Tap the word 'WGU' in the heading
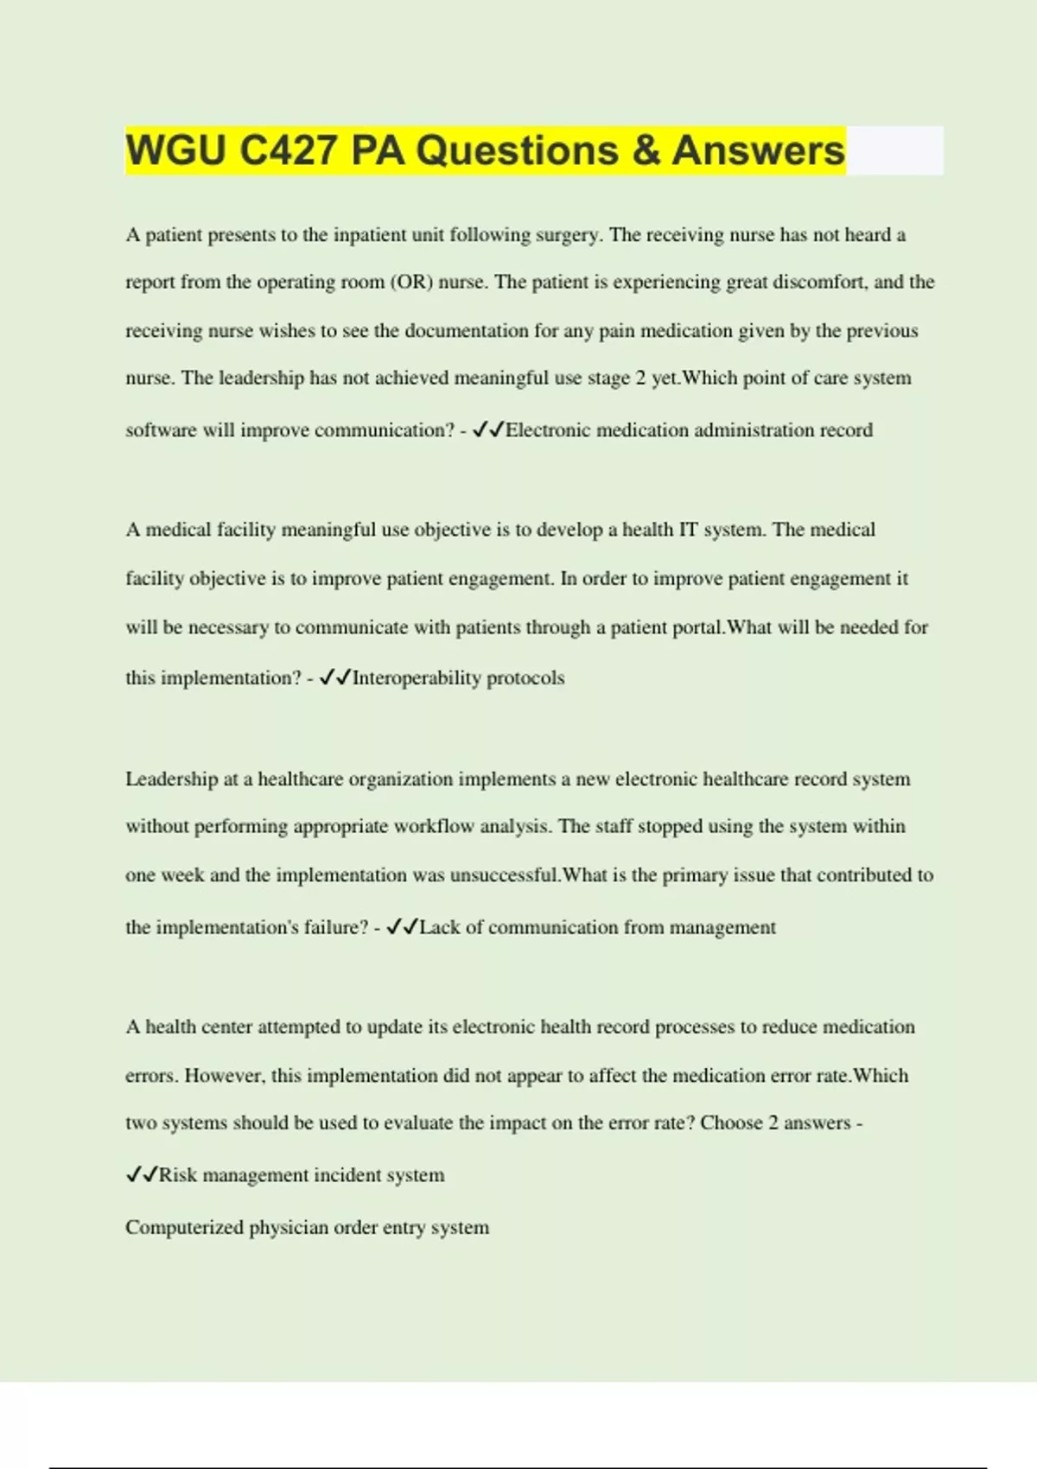(175, 150)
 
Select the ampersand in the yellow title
(646, 150)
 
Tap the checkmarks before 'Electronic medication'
(488, 429)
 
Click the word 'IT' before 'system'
(688, 530)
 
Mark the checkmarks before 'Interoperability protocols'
(334, 678)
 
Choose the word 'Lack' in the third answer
(439, 928)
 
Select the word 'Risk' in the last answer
(178, 1176)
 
